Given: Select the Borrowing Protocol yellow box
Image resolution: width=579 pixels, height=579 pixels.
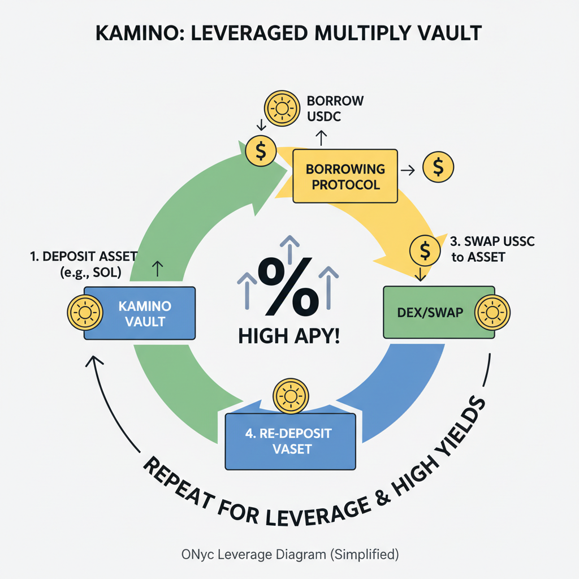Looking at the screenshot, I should pos(345,176).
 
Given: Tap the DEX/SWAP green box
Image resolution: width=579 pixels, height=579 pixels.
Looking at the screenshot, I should pos(430,313).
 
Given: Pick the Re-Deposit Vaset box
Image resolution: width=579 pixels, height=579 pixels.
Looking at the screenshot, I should pos(291,442).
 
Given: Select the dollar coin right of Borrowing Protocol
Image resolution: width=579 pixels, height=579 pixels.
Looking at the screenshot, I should pos(438,167).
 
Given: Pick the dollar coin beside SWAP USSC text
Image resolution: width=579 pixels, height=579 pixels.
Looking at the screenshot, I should pos(424,249).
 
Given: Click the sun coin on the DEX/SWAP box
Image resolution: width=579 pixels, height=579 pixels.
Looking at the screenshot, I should pos(492,312).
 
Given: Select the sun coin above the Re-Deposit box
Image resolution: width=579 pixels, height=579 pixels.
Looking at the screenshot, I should pos(290,395).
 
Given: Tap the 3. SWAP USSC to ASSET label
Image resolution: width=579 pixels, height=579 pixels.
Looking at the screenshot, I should pos(491,249).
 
